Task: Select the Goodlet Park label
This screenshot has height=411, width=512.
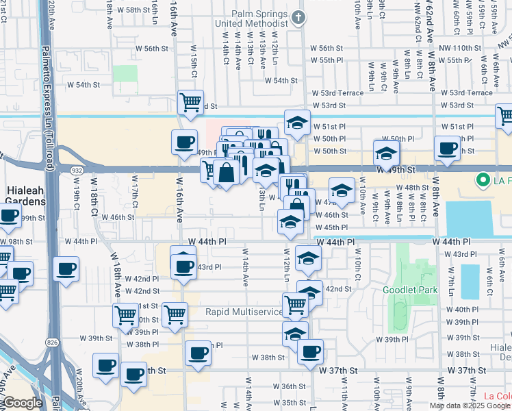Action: [410, 290]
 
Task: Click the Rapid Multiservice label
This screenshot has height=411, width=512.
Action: [244, 312]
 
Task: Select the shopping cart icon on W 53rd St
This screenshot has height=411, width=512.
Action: [191, 102]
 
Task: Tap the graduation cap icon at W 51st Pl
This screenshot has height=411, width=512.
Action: [296, 122]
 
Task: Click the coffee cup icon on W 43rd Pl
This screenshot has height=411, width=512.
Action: [183, 265]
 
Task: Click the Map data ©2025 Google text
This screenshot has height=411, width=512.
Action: [470, 405]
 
